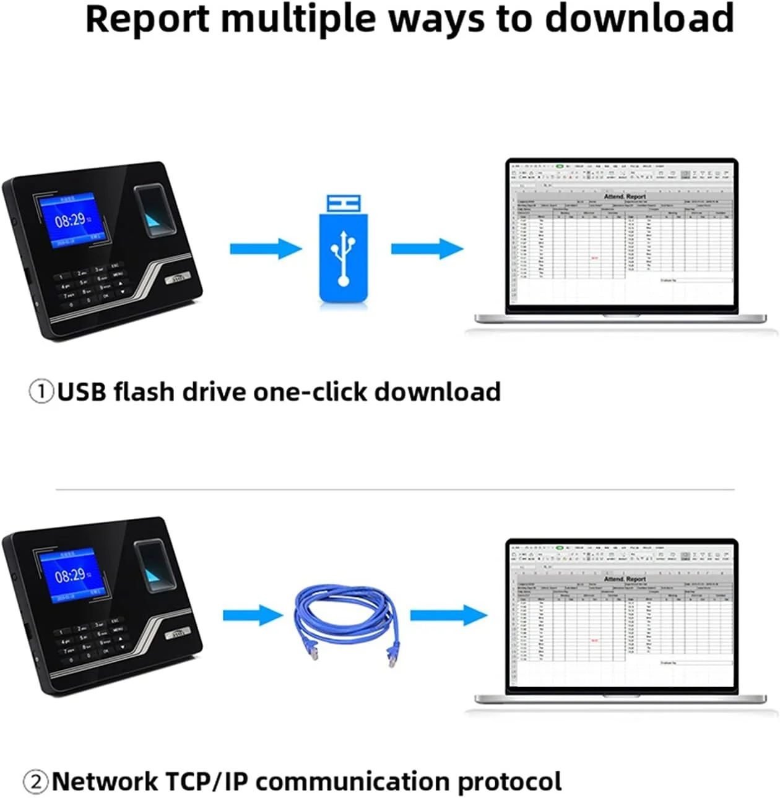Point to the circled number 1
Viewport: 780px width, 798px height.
point(41,392)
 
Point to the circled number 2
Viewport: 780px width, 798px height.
point(36,782)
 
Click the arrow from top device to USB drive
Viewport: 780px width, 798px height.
point(265,249)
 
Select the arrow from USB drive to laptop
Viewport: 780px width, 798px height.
point(427,249)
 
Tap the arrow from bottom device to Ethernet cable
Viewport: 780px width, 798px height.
point(253,615)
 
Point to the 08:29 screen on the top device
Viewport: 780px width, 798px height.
point(69,219)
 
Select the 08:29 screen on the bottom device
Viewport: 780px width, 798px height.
point(69,575)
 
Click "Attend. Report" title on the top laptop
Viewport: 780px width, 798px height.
point(624,196)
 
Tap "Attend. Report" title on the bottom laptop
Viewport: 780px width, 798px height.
point(624,579)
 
